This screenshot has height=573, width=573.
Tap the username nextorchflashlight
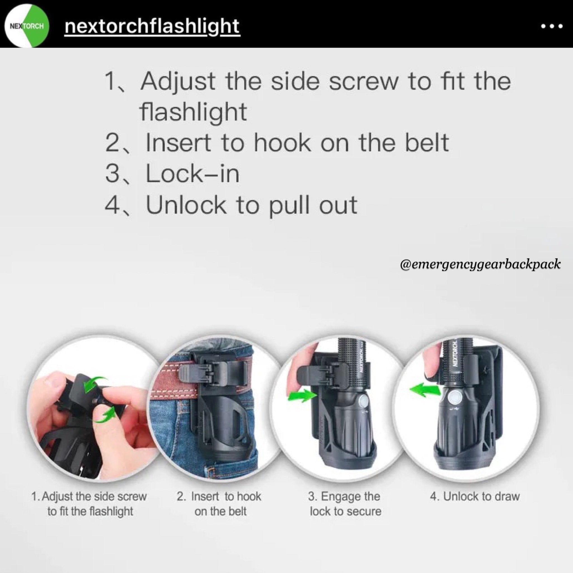152,27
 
